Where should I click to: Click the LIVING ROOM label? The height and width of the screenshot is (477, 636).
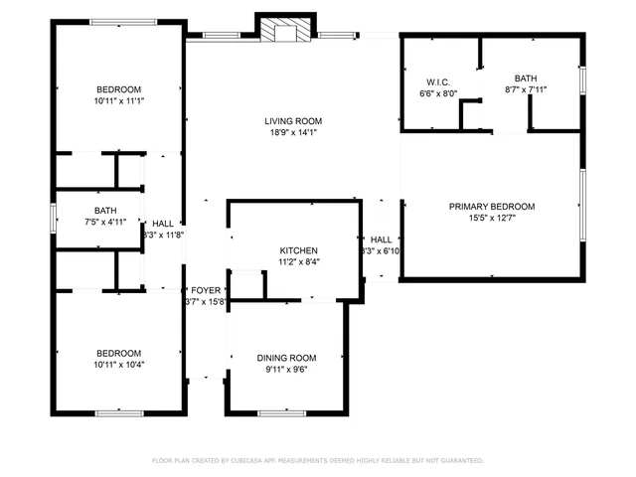pyautogui.click(x=292, y=121)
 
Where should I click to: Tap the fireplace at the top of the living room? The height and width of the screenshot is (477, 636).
pyautogui.click(x=286, y=30)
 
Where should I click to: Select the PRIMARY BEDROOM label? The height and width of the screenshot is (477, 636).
pyautogui.click(x=491, y=207)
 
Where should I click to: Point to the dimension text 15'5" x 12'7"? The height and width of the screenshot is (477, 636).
pyautogui.click(x=491, y=220)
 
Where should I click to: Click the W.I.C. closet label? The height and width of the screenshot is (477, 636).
pyautogui.click(x=438, y=81)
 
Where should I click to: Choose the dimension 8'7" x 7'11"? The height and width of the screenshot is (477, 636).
pyautogui.click(x=526, y=90)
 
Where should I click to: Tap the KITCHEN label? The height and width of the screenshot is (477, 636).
pyautogui.click(x=298, y=250)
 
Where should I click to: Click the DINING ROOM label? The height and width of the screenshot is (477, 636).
pyautogui.click(x=286, y=358)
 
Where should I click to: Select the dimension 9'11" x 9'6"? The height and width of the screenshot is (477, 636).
pyautogui.click(x=286, y=371)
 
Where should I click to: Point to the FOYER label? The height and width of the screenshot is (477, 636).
pyautogui.click(x=206, y=290)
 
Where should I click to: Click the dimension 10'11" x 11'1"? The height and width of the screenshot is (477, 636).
pyautogui.click(x=118, y=101)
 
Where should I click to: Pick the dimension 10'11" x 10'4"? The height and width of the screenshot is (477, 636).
pyautogui.click(x=118, y=366)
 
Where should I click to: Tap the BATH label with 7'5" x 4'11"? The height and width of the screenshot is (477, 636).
pyautogui.click(x=105, y=211)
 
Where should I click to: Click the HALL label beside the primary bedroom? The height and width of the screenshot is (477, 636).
pyautogui.click(x=382, y=239)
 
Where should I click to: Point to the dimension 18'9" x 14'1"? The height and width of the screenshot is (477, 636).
pyautogui.click(x=292, y=134)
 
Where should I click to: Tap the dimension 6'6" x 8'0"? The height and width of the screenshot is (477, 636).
pyautogui.click(x=438, y=93)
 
